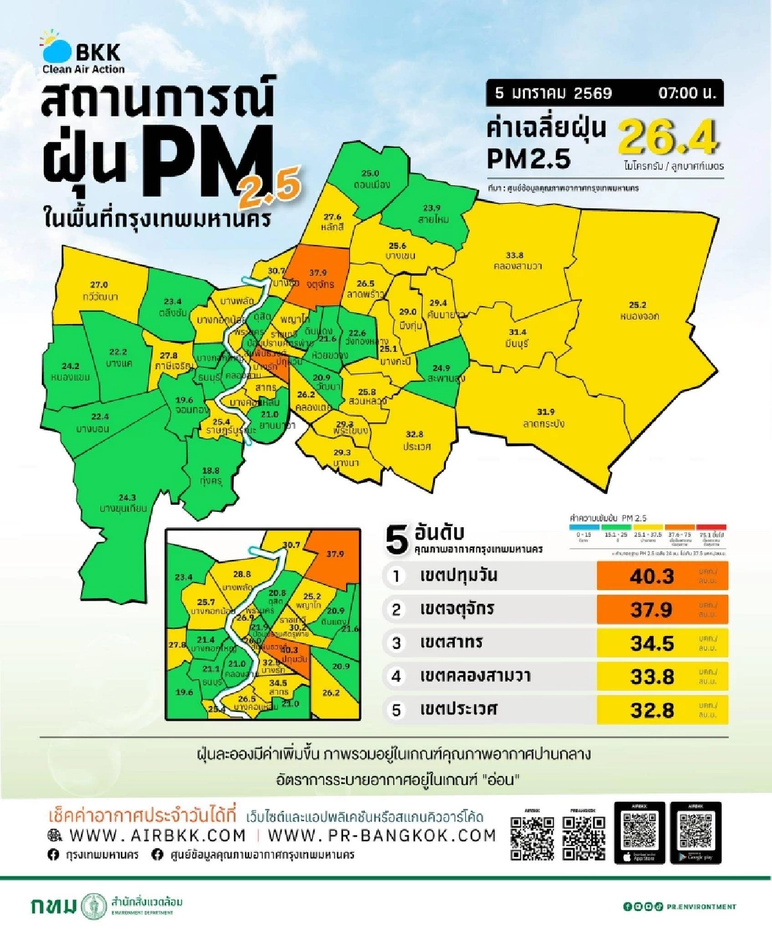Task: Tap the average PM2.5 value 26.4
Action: coord(668,137)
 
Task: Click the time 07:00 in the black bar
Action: coord(686,93)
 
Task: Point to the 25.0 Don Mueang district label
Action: coord(371,179)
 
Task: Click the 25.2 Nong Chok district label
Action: coord(639,311)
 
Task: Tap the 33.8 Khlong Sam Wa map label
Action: coord(517,260)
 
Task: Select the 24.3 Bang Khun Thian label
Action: coord(124,503)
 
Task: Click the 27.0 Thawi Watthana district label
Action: coord(99,291)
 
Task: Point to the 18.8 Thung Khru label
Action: coord(210,476)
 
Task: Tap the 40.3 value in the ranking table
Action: coord(652,576)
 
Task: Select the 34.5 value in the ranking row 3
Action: coord(652,643)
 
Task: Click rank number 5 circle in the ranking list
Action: coord(396,710)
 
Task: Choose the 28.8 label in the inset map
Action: coord(241,574)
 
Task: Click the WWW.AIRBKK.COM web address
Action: coord(157,835)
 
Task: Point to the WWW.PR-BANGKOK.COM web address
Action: coord(381,835)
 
